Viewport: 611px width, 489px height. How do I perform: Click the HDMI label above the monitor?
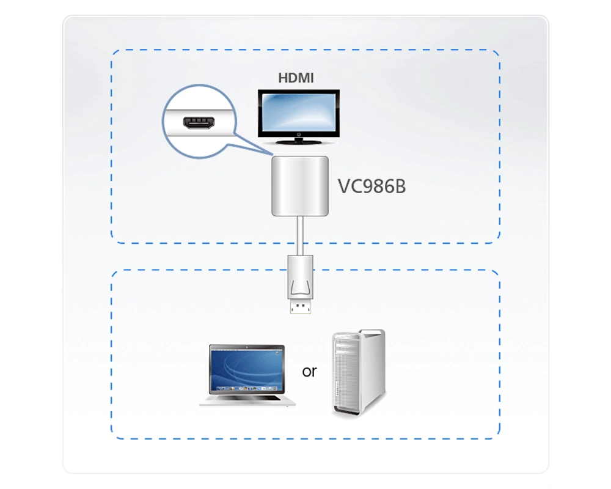click(296, 78)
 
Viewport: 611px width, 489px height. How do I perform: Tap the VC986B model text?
click(371, 186)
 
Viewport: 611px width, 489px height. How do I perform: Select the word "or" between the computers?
click(309, 371)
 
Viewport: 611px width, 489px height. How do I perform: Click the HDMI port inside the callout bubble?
click(199, 123)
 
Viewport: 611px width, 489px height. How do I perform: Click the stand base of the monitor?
click(299, 141)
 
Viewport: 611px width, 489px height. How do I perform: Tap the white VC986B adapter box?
click(299, 186)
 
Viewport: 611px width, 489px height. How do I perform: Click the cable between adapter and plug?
click(300, 236)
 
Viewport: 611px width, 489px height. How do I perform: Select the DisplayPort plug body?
click(300, 277)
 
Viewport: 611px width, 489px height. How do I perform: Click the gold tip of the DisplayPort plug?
click(301, 306)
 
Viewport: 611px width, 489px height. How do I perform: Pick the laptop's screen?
click(247, 370)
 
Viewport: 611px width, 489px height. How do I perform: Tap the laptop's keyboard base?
click(247, 400)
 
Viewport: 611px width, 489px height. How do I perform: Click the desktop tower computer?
click(359, 372)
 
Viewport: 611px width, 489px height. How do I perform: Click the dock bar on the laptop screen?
click(247, 389)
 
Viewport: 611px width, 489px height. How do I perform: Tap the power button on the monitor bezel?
click(299, 134)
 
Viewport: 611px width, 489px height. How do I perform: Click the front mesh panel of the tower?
click(343, 374)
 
